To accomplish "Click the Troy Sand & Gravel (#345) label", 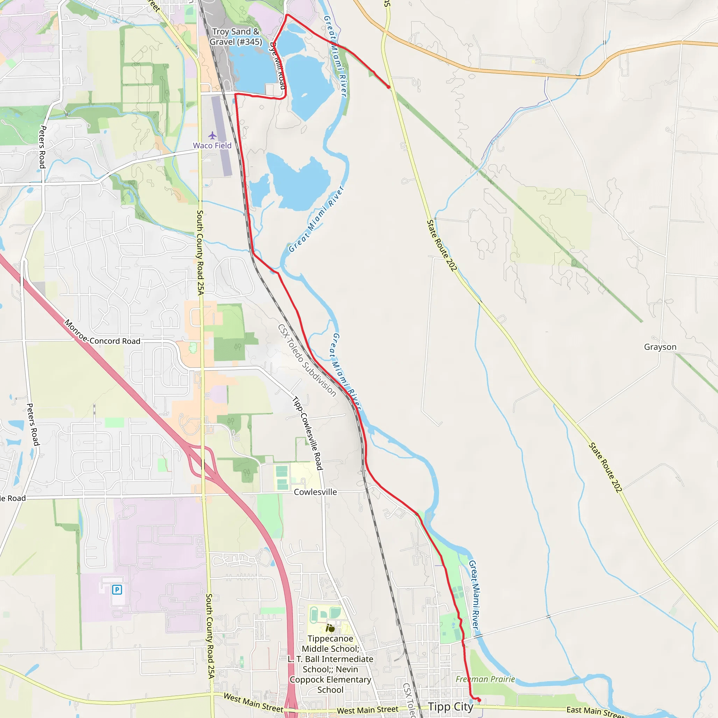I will tap(236, 37).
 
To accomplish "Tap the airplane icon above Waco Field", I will tap(212, 135).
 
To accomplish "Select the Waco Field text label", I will tap(212, 146).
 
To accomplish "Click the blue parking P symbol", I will tap(117, 589).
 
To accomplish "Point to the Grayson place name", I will tap(660, 347).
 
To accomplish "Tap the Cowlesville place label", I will tap(315, 492).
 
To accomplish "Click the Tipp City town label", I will tap(451, 706).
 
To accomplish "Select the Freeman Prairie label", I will tap(485, 679).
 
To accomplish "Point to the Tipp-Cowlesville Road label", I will tap(307, 433).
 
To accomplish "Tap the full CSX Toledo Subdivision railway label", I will tap(307, 360).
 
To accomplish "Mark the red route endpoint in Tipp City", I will tap(479, 700).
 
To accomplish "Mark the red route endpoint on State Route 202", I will tap(389, 87).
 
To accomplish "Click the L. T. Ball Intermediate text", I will tap(330, 659).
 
